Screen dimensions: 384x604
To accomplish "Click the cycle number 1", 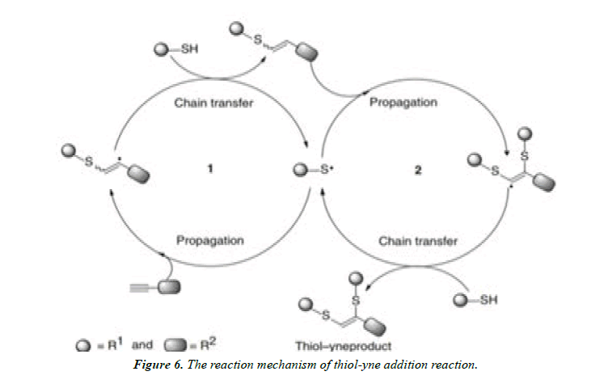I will [209, 171].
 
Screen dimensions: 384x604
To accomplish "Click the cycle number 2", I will [418, 171].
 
